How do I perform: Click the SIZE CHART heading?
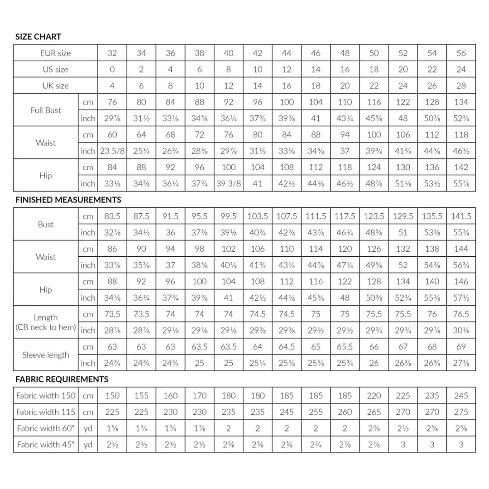38,37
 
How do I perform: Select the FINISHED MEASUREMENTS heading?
68,199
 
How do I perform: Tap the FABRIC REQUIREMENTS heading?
62,379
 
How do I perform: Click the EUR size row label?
56,53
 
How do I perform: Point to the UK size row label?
56,86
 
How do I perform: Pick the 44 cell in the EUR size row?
287,53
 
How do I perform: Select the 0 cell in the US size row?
112,69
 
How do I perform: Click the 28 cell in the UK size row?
461,86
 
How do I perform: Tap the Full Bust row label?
46,110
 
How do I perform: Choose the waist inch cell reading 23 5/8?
112,151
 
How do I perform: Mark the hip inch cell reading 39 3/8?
229,183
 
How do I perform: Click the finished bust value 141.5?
461,216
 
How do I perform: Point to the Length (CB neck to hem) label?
45,322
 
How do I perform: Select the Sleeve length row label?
46,355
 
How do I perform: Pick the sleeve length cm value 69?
461,347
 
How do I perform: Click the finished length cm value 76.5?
461,314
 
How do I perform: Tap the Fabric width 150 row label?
46,396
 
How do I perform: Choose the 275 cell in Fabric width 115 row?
461,412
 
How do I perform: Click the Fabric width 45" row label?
46,445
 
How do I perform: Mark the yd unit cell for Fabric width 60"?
88,428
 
